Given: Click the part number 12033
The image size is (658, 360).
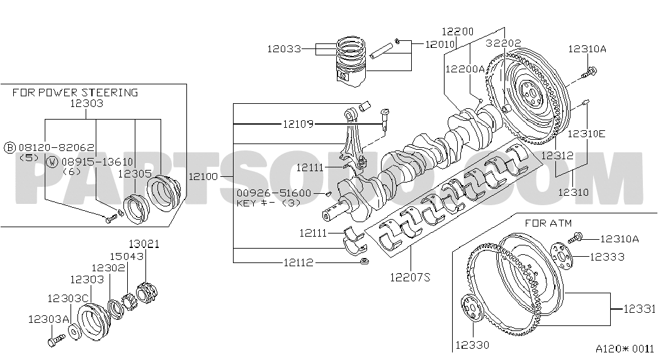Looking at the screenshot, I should (284, 48).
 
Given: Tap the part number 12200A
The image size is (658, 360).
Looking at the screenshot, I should (465, 69).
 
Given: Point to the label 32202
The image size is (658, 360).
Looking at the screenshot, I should (504, 43).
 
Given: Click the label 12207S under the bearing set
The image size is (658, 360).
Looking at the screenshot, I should (410, 276).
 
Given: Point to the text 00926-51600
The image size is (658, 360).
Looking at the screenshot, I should (274, 193).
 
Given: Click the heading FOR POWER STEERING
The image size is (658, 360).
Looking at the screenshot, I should (75, 93).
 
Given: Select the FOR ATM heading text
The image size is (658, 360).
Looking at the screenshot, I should (548, 223).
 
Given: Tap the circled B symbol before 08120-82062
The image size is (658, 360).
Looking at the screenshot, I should (9, 147).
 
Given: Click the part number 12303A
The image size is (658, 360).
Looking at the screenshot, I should (48, 319).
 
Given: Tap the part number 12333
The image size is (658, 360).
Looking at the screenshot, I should (607, 257).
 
